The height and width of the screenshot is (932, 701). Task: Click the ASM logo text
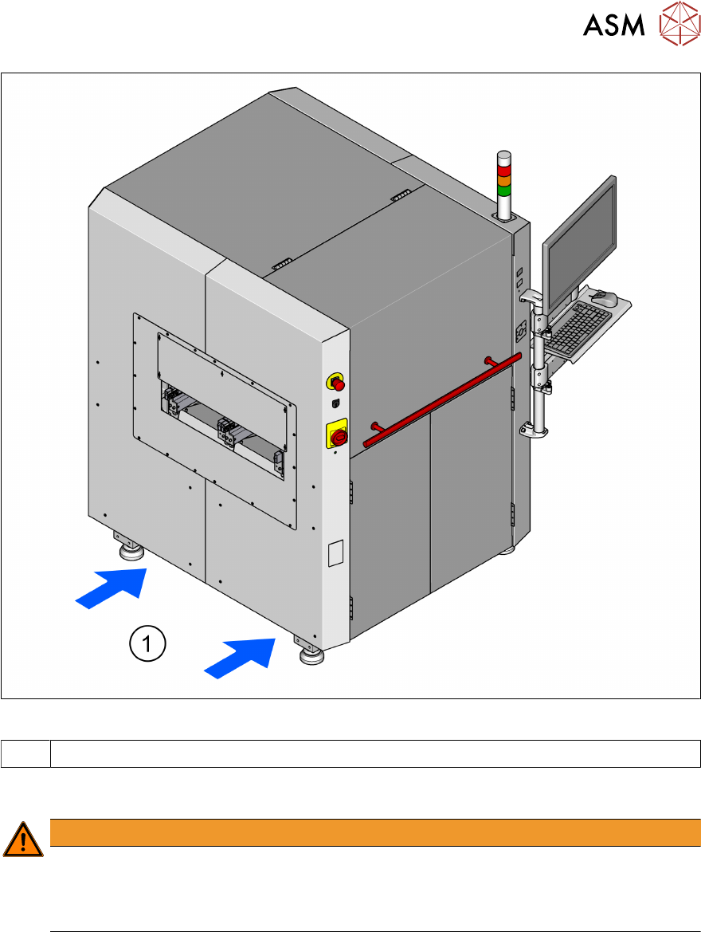tap(613, 25)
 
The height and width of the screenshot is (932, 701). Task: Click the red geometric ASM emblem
tap(679, 23)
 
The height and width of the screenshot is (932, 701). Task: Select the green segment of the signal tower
tap(503, 191)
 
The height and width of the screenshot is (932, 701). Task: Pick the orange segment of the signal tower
tap(503, 180)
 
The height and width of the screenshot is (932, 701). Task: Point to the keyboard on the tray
tap(578, 328)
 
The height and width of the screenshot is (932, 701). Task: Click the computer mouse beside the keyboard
tap(605, 298)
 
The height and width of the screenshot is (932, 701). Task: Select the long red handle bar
tap(442, 399)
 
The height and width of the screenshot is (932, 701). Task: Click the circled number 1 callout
tap(147, 643)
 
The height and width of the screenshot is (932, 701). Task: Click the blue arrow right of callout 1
tap(241, 658)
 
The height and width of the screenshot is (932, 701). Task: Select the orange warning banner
tap(375, 832)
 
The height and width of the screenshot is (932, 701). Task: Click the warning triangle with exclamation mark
tap(22, 840)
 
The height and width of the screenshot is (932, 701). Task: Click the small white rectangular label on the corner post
tap(335, 553)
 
